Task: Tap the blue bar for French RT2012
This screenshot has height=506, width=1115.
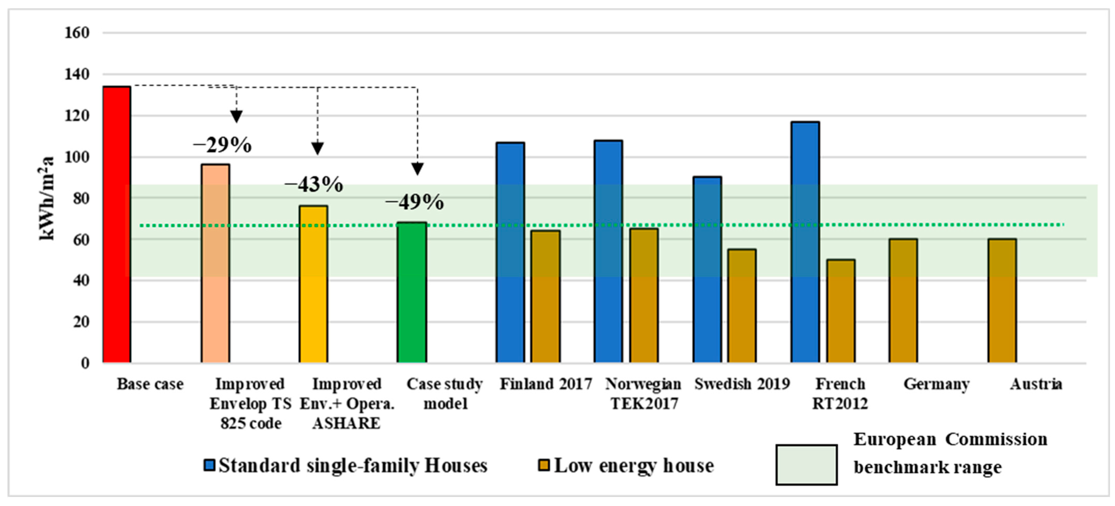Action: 805,242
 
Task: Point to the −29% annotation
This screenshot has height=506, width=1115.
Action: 222,145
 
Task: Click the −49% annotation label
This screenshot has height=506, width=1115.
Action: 414,202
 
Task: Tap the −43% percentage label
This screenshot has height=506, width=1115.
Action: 314,185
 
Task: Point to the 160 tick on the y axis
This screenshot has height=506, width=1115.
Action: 77,33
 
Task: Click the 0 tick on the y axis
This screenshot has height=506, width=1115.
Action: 85,363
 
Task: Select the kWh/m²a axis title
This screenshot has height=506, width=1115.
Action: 47,198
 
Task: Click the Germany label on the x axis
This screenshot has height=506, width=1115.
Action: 936,384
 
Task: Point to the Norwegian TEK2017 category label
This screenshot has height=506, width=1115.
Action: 643,394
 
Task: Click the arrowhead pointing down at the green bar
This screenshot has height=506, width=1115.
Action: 417,169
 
